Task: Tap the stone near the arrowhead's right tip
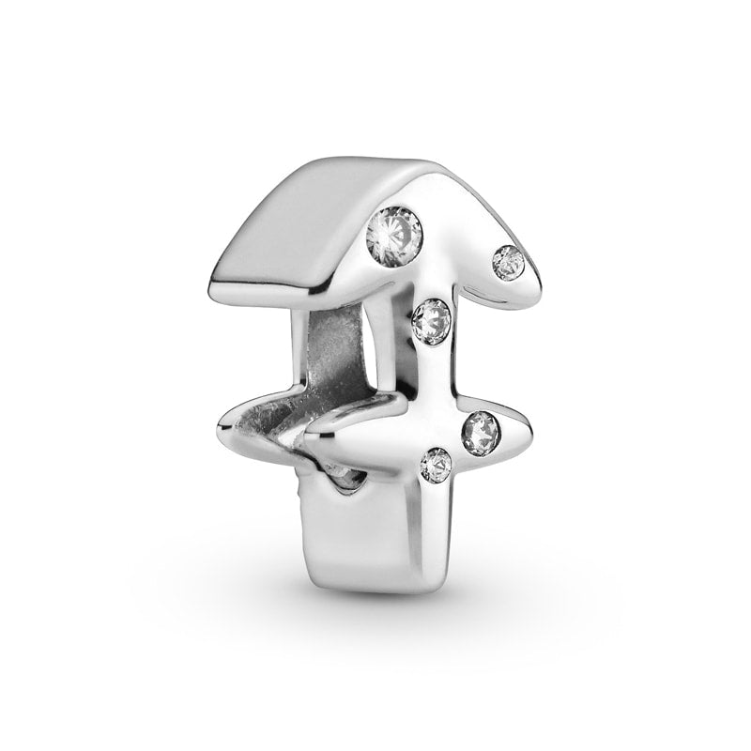(x=507, y=261)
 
